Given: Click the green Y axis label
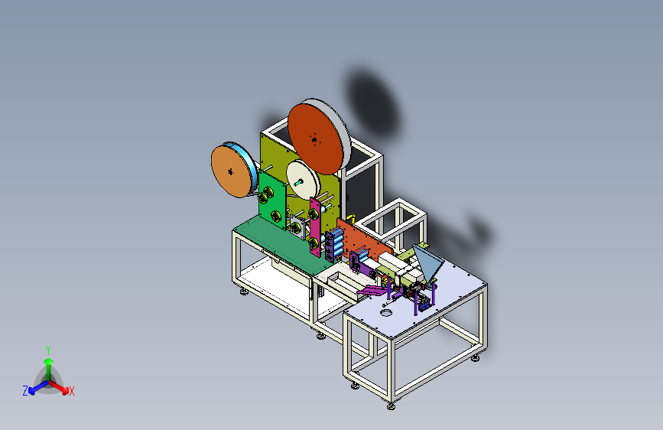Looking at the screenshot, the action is click(48, 350).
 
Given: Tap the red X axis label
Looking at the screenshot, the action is click(71, 392).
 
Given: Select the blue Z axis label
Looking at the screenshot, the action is click(25, 391).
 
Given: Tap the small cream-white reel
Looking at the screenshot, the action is click(303, 180).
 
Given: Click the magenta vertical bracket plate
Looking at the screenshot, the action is click(314, 226).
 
